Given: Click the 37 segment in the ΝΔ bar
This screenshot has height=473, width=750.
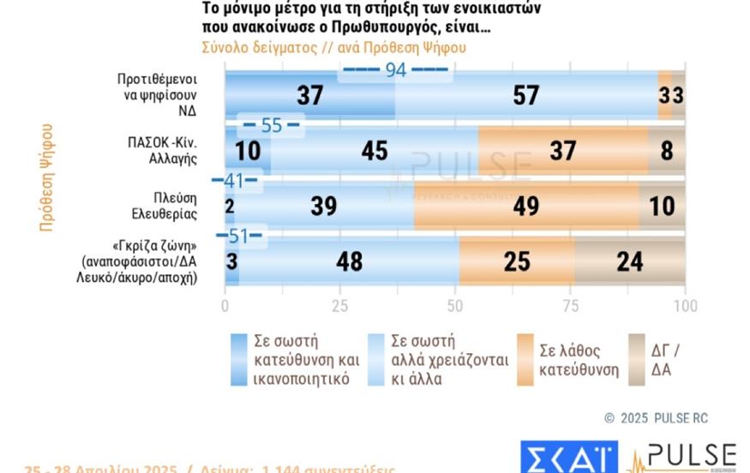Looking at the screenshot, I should [309, 96].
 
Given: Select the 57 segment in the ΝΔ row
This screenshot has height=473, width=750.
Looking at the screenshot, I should [525, 96].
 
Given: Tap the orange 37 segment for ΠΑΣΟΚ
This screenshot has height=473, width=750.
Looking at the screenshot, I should [562, 151].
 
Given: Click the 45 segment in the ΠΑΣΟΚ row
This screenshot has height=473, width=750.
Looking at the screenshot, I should [374, 151].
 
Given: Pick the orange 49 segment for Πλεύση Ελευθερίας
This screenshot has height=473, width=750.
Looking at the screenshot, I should [526, 206].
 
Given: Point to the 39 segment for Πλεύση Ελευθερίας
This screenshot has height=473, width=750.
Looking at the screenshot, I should [324, 206].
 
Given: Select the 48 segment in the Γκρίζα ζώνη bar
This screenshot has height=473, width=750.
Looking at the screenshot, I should [349, 260].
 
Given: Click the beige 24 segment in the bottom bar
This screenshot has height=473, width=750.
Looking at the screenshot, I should [629, 260].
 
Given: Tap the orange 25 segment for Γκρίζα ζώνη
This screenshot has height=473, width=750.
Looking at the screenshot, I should [517, 260].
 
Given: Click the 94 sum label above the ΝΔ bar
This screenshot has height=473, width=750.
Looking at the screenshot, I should [395, 71].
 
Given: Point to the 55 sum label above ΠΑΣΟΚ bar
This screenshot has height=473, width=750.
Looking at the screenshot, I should [271, 126].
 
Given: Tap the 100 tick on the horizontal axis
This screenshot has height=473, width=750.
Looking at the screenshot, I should [684, 307].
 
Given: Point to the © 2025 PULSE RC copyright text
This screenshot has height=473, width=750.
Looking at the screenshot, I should [656, 418].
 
